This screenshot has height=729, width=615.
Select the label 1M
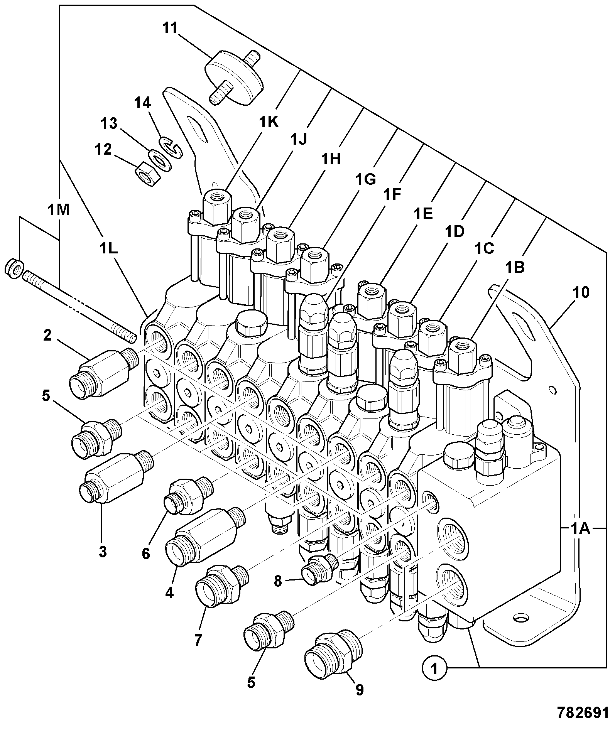click(59, 210)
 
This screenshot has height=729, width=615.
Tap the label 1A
click(581, 528)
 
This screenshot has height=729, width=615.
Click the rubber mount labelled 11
click(233, 77)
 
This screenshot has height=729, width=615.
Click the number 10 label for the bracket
click(581, 293)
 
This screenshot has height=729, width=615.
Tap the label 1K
click(269, 122)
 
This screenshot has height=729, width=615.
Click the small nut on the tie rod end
click(14, 268)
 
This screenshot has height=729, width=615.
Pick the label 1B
click(516, 267)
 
